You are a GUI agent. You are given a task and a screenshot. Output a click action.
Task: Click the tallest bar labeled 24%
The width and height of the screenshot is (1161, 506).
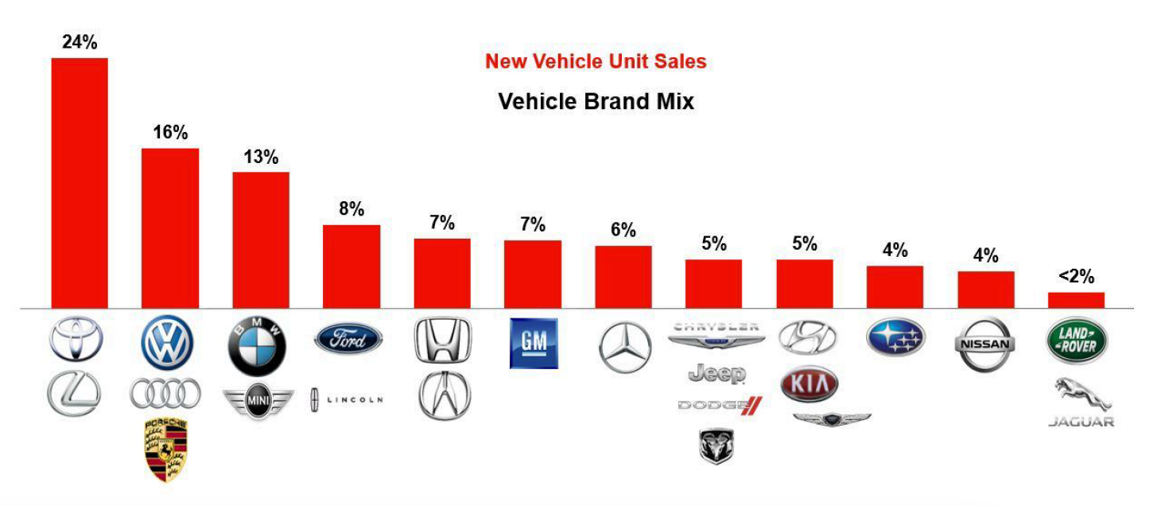click(80, 182)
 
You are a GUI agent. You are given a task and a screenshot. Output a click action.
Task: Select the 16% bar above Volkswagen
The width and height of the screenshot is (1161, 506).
click(169, 228)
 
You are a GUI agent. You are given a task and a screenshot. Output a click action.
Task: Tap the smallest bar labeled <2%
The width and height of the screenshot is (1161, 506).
click(1076, 300)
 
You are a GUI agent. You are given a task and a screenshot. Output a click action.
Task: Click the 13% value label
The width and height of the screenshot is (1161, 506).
click(261, 157)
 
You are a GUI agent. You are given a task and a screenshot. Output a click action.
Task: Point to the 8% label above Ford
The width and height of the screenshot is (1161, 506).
click(351, 209)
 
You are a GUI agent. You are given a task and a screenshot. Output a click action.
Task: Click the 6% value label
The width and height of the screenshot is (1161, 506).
click(623, 230)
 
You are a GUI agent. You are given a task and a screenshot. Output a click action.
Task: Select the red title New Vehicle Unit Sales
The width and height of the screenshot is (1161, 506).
click(596, 61)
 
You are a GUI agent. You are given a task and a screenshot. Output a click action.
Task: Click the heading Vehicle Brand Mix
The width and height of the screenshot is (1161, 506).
click(596, 102)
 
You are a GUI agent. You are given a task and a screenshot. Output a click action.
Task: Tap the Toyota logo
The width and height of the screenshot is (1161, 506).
click(76, 340)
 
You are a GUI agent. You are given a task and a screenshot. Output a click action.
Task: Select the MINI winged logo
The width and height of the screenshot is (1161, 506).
click(258, 399)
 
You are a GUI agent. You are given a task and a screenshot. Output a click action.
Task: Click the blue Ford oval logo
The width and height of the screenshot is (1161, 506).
click(348, 339)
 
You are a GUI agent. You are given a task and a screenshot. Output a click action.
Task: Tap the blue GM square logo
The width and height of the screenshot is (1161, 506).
click(534, 343)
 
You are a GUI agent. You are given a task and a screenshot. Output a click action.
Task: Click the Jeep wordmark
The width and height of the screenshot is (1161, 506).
click(716, 373)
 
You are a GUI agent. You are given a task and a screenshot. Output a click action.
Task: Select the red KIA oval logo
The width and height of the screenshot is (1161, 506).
click(810, 385)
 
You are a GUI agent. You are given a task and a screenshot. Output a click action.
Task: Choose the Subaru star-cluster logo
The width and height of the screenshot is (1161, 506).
click(895, 338)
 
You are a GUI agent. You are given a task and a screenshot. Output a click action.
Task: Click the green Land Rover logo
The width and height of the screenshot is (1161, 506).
click(1076, 341)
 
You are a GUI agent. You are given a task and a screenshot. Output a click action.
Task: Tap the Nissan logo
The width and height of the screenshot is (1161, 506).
click(984, 344)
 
